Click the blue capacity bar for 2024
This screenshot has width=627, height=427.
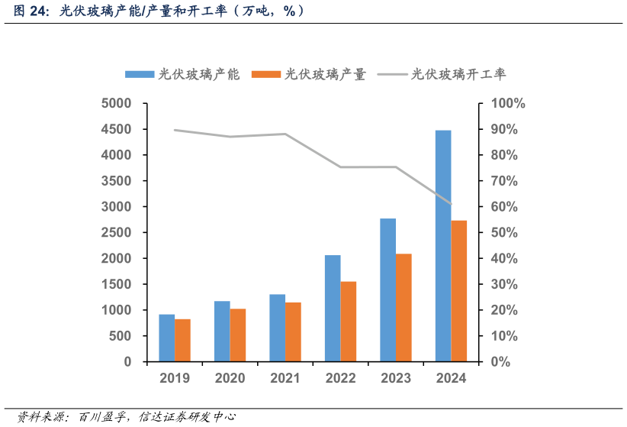point(443,246)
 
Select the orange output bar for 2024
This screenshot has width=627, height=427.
point(459,291)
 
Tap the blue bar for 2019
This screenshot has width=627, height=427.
point(166,338)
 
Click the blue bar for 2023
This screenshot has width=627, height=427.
point(387,290)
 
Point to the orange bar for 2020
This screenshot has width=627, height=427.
point(238,335)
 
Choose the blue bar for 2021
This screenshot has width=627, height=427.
point(277,328)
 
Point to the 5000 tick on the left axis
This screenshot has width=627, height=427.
point(117,103)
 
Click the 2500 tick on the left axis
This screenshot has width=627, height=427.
point(117,232)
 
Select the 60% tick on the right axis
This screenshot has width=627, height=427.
point(503,207)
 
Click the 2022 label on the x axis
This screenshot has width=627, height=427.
point(340,377)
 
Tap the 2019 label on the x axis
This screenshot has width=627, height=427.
point(175,377)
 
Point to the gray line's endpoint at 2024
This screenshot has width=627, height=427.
point(451,204)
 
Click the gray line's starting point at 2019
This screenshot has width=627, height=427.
point(175,130)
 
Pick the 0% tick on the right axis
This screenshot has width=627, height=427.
point(500,362)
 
